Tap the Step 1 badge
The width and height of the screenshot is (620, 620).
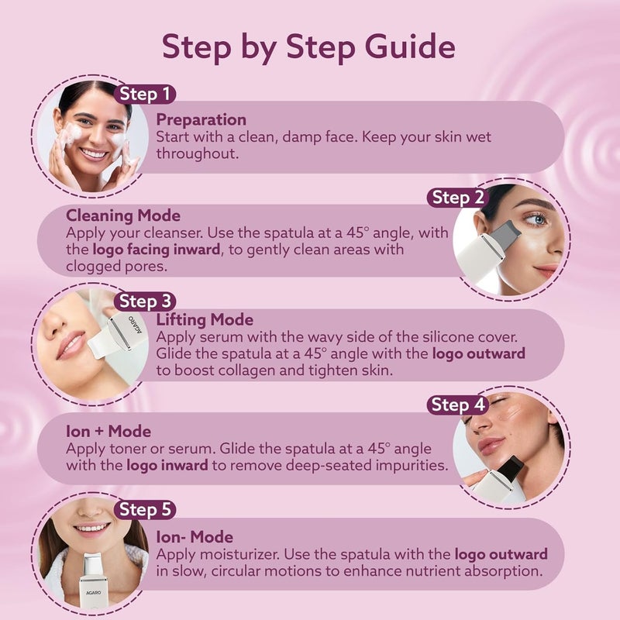tap(145, 94)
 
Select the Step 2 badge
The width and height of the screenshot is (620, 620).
tap(458, 198)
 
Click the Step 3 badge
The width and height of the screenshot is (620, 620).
tap(145, 301)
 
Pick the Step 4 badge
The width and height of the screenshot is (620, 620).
tap(458, 405)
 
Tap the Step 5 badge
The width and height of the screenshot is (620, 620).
tap(145, 509)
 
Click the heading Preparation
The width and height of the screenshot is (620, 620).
tap(201, 120)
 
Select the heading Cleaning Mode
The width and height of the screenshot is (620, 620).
tap(123, 215)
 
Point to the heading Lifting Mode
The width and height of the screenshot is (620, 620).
tap(205, 320)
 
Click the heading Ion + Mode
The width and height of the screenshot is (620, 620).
tap(108, 432)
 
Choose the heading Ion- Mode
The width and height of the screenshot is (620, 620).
tap(195, 537)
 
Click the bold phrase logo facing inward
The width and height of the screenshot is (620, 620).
tap(157, 250)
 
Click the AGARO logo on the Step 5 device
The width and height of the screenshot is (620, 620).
tap(93, 592)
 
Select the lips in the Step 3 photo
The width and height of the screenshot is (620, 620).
tap(71, 344)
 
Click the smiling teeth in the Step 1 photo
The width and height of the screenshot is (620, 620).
tap(94, 153)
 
